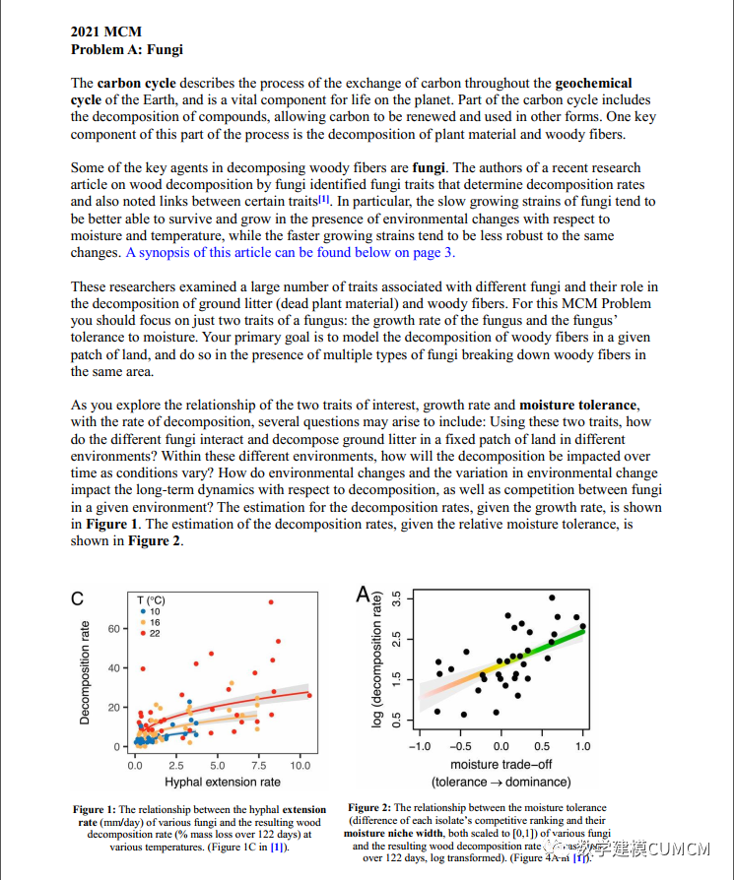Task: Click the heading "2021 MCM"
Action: (x=106, y=32)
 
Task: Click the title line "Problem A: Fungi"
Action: (x=126, y=49)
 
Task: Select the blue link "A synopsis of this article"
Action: (x=208, y=253)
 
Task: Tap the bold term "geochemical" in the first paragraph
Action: (x=594, y=84)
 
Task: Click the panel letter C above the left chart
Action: (x=76, y=597)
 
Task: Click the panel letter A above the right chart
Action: (x=364, y=595)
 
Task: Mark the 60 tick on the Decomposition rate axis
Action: (x=111, y=628)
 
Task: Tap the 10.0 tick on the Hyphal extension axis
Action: (x=300, y=765)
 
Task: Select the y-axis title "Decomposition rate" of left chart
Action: (x=85, y=672)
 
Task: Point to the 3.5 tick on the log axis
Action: (x=396, y=598)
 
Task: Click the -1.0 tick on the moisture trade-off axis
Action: (x=420, y=746)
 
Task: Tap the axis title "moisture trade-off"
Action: (x=501, y=765)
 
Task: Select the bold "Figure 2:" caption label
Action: (x=369, y=808)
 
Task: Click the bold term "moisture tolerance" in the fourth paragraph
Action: (x=577, y=406)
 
